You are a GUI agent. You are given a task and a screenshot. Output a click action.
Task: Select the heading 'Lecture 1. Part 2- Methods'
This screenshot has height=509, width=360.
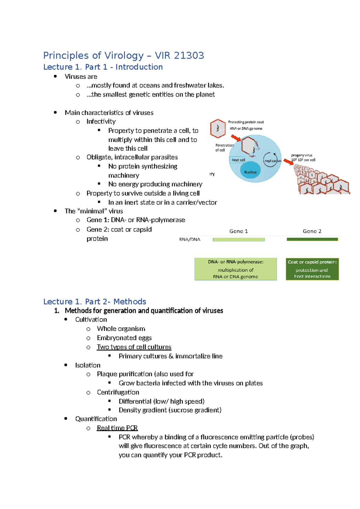94,301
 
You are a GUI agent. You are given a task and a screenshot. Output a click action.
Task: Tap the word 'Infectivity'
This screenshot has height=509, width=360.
101,122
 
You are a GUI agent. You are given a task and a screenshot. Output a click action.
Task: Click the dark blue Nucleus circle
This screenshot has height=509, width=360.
250,172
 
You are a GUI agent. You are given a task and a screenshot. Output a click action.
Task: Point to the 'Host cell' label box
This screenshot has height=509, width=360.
238,160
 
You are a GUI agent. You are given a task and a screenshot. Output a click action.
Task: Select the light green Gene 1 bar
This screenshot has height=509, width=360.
238,239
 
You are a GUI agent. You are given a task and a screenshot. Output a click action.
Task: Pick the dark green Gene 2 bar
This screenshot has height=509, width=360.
312,239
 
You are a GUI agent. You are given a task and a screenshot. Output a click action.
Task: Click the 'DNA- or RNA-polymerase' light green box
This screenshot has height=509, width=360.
235,269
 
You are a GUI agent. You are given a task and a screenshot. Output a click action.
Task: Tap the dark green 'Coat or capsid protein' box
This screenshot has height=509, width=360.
312,269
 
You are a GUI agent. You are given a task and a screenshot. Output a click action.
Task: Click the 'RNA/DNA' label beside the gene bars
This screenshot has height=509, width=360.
190,239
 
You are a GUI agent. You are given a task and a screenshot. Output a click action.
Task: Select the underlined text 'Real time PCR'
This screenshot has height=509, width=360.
117,428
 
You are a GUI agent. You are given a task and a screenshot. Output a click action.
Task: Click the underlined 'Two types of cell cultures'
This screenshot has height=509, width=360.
134,347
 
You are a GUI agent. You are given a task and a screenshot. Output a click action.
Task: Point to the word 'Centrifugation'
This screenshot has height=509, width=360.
118,392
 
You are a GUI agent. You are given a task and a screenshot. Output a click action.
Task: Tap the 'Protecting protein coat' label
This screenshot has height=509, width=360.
246,122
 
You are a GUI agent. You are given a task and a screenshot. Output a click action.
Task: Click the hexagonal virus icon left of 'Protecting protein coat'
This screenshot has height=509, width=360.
218,128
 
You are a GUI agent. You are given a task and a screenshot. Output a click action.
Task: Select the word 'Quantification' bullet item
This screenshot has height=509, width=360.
96,419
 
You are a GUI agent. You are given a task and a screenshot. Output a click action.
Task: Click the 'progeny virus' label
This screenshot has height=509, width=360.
301,155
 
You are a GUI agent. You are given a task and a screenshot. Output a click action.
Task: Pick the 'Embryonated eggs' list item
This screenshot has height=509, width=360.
124,338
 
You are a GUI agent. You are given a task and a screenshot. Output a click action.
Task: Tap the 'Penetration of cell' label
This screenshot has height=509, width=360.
224,147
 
